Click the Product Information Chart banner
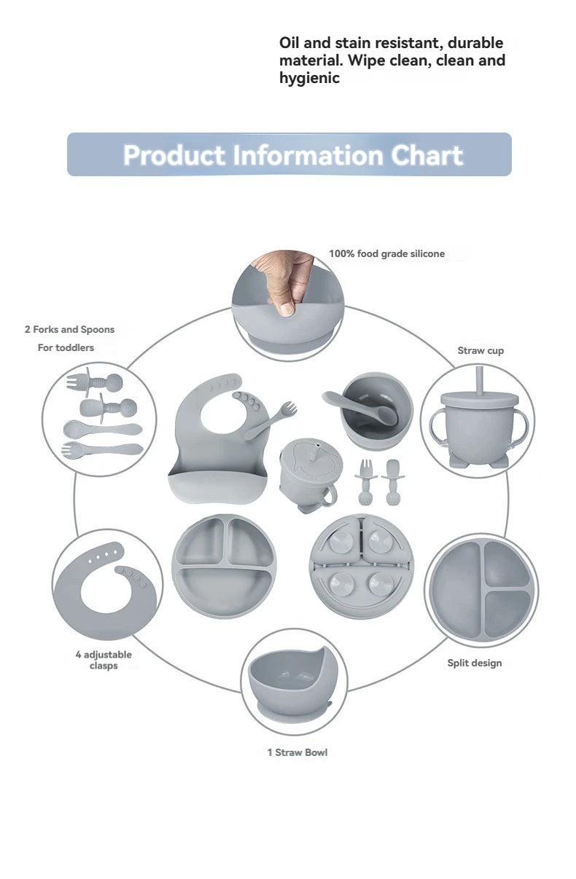[x=289, y=154]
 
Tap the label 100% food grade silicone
[x=386, y=254]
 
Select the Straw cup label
[x=480, y=350]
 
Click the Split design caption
[x=475, y=663]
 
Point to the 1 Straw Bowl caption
[x=297, y=752]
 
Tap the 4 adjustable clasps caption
[x=104, y=660]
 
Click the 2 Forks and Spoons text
[x=69, y=329]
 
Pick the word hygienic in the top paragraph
[x=309, y=78]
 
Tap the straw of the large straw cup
[x=480, y=380]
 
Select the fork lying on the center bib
[x=271, y=420]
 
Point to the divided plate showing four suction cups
[x=362, y=567]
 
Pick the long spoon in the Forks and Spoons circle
[x=103, y=428]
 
